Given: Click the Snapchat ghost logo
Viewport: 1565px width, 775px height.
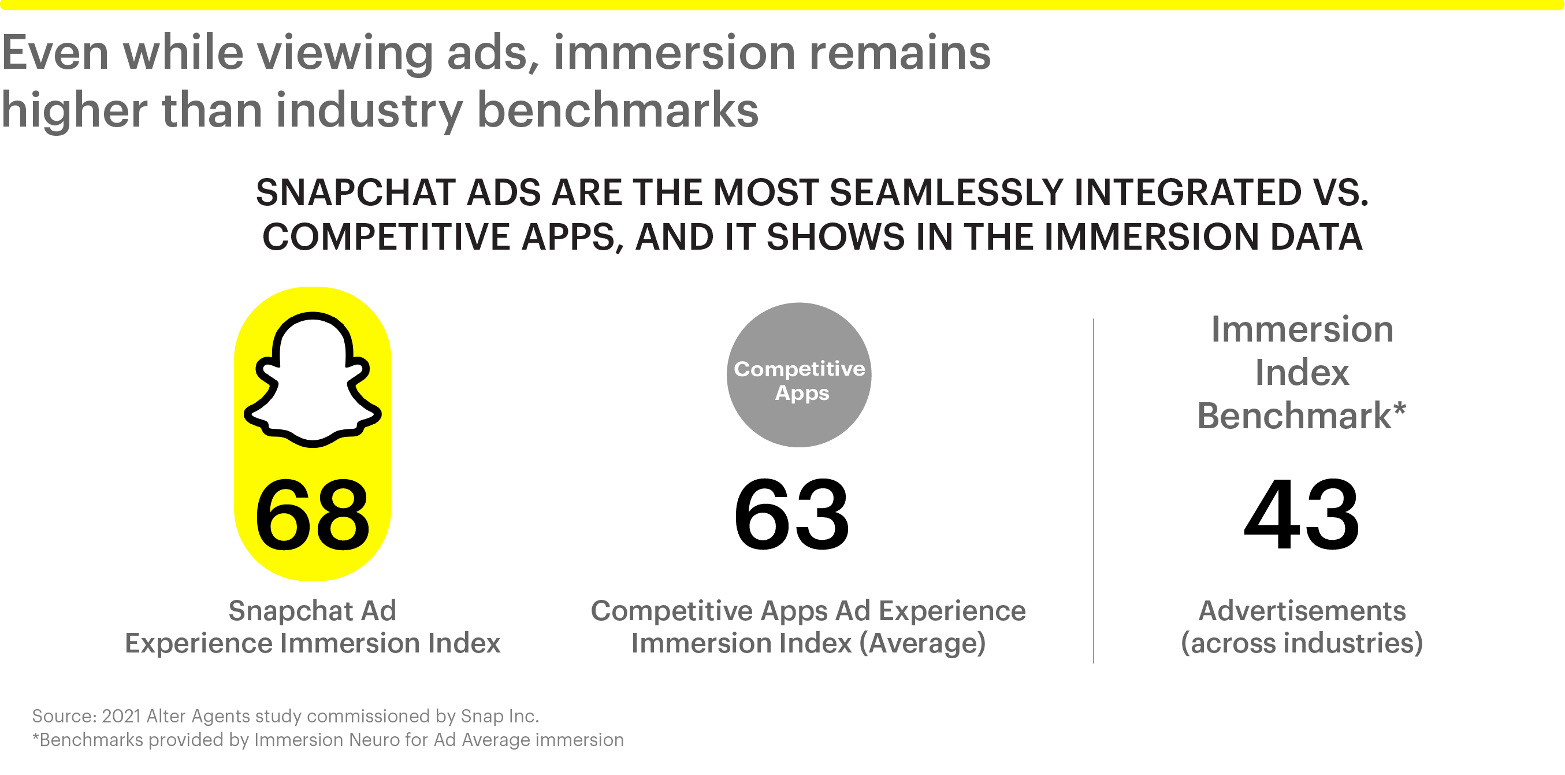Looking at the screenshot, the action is pos(313,380).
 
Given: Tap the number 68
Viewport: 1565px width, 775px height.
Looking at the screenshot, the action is pos(313,514).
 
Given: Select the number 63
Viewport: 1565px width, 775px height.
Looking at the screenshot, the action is pos(791,514).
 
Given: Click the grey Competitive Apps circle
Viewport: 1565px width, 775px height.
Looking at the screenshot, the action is pos(799,375).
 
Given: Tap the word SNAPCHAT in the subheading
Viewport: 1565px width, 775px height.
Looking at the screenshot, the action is pos(355,192).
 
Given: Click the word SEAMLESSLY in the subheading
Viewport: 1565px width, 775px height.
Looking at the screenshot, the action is pos(946,192).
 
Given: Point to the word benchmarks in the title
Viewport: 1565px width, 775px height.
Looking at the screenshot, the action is pos(618,110).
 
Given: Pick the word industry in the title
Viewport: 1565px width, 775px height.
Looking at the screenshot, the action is pos(369,111).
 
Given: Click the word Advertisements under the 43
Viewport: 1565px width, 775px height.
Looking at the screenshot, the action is pos(1302,611).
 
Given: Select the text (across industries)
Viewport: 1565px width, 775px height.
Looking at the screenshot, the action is pos(1302,643).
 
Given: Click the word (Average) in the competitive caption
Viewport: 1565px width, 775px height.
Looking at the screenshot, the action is pos(922,643).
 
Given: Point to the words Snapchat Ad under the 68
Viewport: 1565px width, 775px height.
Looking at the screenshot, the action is pos(313,611).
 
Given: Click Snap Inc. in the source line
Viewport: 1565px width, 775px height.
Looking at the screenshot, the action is pos(500,716).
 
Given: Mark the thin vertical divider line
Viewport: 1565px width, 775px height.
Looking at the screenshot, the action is pos(1094,491).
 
